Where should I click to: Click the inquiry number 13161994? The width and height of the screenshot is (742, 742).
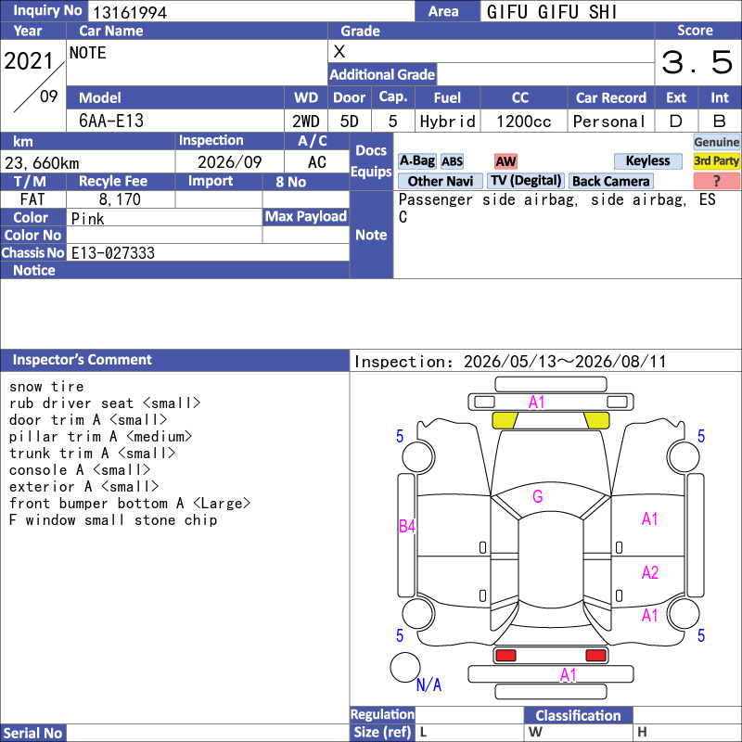pyautogui.click(x=130, y=12)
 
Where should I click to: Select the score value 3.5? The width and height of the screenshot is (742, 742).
pyautogui.click(x=697, y=62)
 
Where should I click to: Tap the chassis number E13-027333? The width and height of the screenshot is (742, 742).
pyautogui.click(x=112, y=252)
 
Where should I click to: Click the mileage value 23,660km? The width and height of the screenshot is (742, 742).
pyautogui.click(x=42, y=163)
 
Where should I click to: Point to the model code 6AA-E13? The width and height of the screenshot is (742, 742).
pyautogui.click(x=111, y=121)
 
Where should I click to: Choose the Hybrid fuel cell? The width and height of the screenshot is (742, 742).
pyautogui.click(x=447, y=122)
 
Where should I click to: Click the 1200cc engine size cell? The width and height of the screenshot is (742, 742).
pyautogui.click(x=524, y=122)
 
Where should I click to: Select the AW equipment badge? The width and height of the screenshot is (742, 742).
pyautogui.click(x=505, y=161)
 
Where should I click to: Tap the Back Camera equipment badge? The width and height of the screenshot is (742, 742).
pyautogui.click(x=611, y=181)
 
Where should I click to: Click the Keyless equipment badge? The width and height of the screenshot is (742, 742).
pyautogui.click(x=647, y=160)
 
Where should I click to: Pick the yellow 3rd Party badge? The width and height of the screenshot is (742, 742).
pyautogui.click(x=716, y=160)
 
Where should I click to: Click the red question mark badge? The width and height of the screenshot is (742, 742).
pyautogui.click(x=716, y=181)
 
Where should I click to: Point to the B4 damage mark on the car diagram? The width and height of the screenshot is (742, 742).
pyautogui.click(x=407, y=526)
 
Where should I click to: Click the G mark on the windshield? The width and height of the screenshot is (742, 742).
pyautogui.click(x=538, y=496)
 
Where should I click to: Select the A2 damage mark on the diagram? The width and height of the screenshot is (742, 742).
pyautogui.click(x=650, y=572)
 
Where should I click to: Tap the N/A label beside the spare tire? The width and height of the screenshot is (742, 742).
pyautogui.click(x=429, y=684)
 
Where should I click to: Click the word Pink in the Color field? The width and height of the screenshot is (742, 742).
pyautogui.click(x=87, y=219)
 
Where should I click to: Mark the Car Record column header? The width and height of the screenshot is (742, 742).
pyautogui.click(x=611, y=97)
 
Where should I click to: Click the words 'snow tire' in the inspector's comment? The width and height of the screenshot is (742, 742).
pyautogui.click(x=46, y=387)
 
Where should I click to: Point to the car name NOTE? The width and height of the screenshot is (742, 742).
pyautogui.click(x=88, y=53)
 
